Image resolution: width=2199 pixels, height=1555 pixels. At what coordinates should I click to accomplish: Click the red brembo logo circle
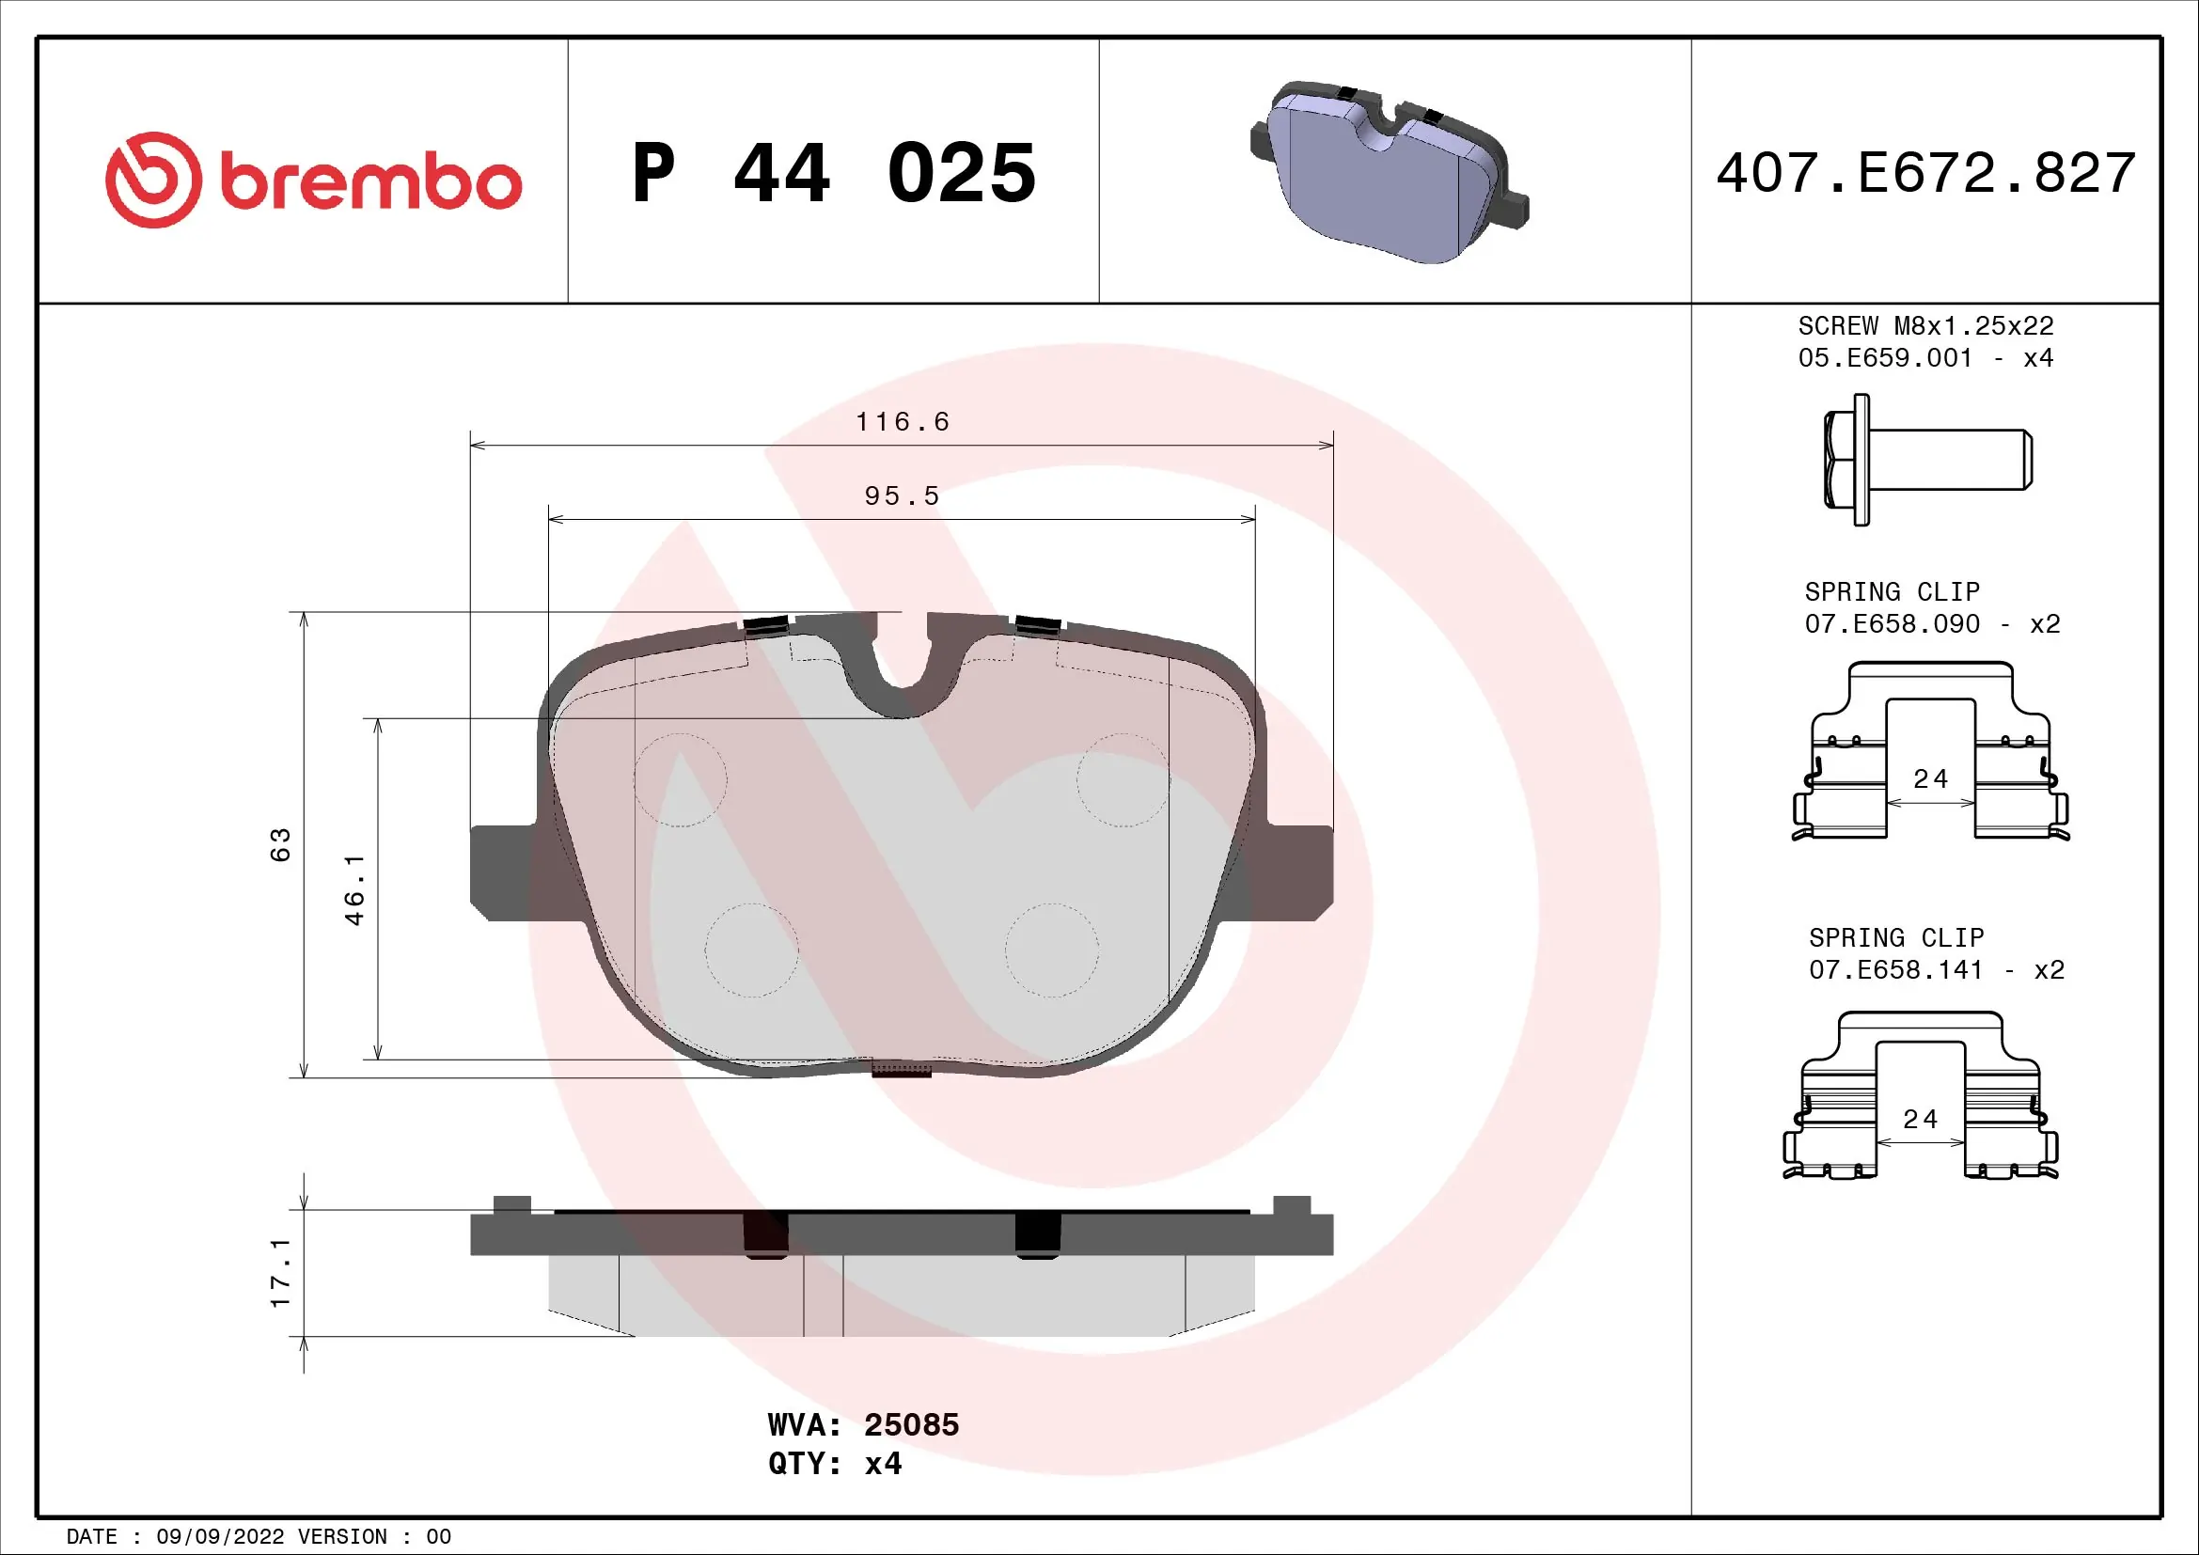[x=153, y=180]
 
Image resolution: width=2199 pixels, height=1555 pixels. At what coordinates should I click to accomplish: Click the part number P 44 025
[x=833, y=173]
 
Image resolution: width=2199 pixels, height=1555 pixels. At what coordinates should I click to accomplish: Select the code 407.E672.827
[x=1925, y=173]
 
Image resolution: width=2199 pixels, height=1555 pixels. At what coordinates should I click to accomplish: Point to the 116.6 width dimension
[x=902, y=422]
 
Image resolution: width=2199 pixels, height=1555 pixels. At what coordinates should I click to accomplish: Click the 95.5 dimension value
[x=902, y=496]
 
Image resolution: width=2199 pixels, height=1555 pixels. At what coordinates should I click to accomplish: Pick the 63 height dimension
[x=279, y=844]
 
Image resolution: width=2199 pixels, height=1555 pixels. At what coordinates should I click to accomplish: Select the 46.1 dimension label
[x=354, y=889]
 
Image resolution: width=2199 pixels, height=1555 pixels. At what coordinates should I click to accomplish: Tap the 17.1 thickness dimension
[x=279, y=1273]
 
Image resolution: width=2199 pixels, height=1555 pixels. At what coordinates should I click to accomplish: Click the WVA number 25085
[x=911, y=1424]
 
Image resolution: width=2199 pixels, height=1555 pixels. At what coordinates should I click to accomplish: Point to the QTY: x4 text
[x=834, y=1464]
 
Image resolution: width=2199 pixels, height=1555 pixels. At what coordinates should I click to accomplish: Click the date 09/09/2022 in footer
[x=219, y=1537]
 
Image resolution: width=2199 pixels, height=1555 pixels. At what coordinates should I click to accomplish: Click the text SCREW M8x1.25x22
[x=1925, y=326]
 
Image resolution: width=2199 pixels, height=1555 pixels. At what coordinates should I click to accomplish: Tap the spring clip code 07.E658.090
[x=1892, y=624]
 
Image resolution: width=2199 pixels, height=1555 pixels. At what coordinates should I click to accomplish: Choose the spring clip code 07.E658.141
[x=1895, y=970]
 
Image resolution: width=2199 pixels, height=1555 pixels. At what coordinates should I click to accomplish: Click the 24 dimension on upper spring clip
[x=1930, y=779]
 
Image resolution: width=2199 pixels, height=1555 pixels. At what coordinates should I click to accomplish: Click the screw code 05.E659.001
[x=1885, y=358]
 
